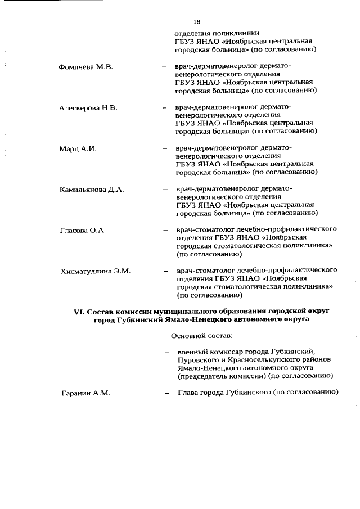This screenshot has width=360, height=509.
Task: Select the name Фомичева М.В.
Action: point(86,67)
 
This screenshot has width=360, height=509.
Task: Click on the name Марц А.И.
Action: point(79,148)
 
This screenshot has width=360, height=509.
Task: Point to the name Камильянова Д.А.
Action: point(92,190)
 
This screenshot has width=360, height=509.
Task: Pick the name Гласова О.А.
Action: point(83,231)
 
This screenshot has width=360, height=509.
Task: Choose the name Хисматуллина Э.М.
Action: point(96,271)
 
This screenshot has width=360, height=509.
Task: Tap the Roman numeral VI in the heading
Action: point(79,310)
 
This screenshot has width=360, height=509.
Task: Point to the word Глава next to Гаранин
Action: point(190,393)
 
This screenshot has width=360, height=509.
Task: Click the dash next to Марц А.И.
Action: point(164,149)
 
